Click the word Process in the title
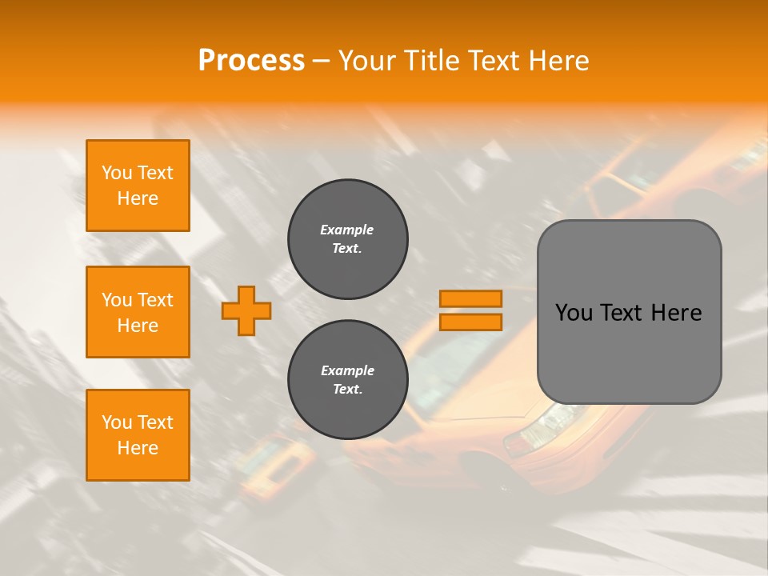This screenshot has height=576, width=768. pos(251,60)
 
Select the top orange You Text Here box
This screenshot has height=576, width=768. pos(138,186)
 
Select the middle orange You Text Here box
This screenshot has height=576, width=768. pos(138,312)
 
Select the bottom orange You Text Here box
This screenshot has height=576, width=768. pos(138,435)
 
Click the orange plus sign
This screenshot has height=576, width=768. pos(246,310)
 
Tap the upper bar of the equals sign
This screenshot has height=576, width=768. pos(470,298)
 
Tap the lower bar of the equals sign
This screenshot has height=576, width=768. pos(470,322)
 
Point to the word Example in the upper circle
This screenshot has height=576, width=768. pos(346,230)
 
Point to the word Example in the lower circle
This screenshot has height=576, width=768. pos(347,370)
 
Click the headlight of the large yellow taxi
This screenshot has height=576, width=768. pos(544,424)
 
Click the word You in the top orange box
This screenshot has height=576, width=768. pos(117,173)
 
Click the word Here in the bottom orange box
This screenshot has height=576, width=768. pos(138,448)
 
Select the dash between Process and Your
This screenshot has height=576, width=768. pos(322,61)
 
